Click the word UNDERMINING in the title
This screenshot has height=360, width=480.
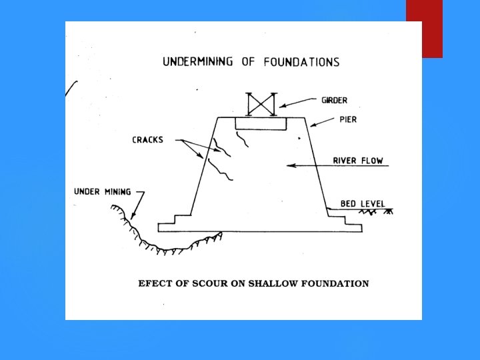click(197, 62)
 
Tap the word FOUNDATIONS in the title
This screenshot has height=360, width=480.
click(301, 62)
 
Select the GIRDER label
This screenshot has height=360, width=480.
click(334, 101)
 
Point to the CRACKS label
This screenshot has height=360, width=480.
click(147, 140)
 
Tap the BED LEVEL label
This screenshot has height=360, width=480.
click(362, 203)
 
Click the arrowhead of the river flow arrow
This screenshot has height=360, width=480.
click(287, 165)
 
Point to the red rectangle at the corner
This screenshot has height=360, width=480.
click(424, 29)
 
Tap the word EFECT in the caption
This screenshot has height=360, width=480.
click(153, 283)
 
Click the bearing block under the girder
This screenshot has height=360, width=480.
click(261, 124)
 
